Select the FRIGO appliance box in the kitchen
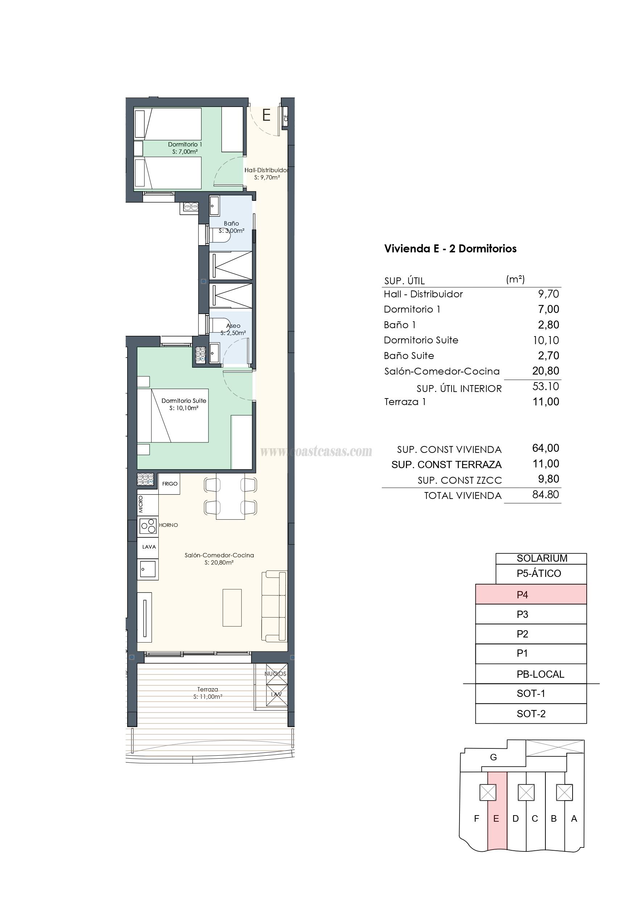click(x=170, y=484)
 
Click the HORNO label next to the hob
click(x=169, y=525)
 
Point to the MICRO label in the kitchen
click(x=141, y=504)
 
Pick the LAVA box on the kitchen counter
click(x=149, y=547)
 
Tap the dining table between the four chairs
click(x=230, y=497)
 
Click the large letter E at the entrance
click(x=266, y=115)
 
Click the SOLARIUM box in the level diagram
click(x=541, y=558)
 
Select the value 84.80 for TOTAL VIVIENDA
click(x=545, y=495)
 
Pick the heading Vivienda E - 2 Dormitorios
click(x=450, y=248)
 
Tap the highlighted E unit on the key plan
click(x=496, y=818)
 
